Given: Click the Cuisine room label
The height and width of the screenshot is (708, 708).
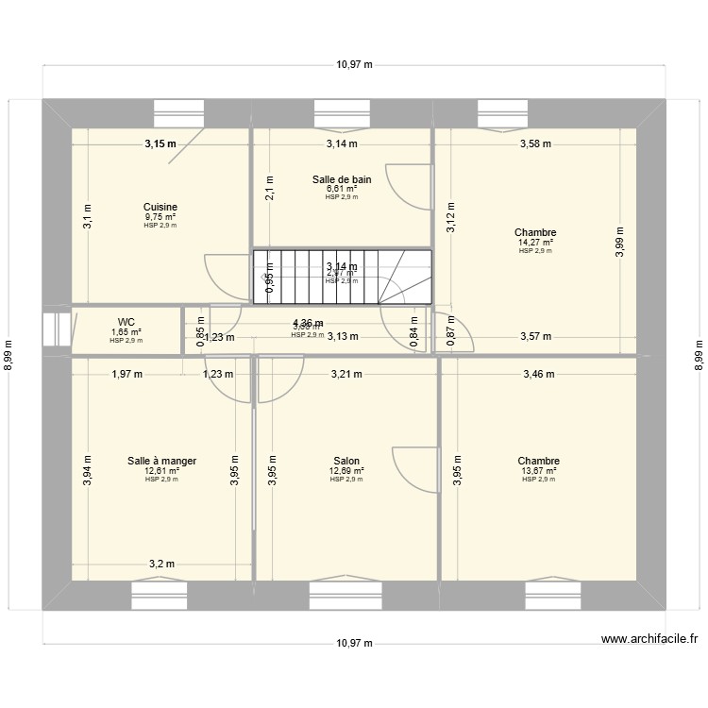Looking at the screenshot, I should click(x=160, y=207).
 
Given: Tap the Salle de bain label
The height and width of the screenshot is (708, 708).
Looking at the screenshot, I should click(x=341, y=178).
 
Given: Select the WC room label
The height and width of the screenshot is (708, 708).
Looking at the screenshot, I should click(x=126, y=322).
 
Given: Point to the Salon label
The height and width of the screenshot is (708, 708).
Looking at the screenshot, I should click(x=346, y=461).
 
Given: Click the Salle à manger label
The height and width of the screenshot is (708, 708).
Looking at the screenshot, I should click(x=161, y=461).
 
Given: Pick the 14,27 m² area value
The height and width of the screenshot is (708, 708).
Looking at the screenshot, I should click(x=535, y=242).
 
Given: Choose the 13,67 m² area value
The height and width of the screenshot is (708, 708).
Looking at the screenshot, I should click(x=538, y=470).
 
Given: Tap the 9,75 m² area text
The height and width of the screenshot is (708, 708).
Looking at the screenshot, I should click(x=160, y=216).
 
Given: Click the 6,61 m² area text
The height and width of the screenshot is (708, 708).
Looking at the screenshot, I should click(x=341, y=188).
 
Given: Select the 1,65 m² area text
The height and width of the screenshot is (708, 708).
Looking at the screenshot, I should click(x=126, y=331).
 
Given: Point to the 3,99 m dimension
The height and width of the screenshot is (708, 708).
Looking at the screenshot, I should click(x=620, y=241).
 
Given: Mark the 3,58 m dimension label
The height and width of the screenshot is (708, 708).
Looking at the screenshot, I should click(x=535, y=144).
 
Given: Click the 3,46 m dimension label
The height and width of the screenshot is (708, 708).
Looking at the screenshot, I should click(x=539, y=375).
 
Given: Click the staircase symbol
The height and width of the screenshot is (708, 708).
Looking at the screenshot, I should click(x=341, y=277).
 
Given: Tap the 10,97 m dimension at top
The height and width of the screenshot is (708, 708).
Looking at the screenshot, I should click(x=354, y=65).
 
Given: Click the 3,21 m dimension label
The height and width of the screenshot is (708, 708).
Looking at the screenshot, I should click(x=346, y=375).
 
